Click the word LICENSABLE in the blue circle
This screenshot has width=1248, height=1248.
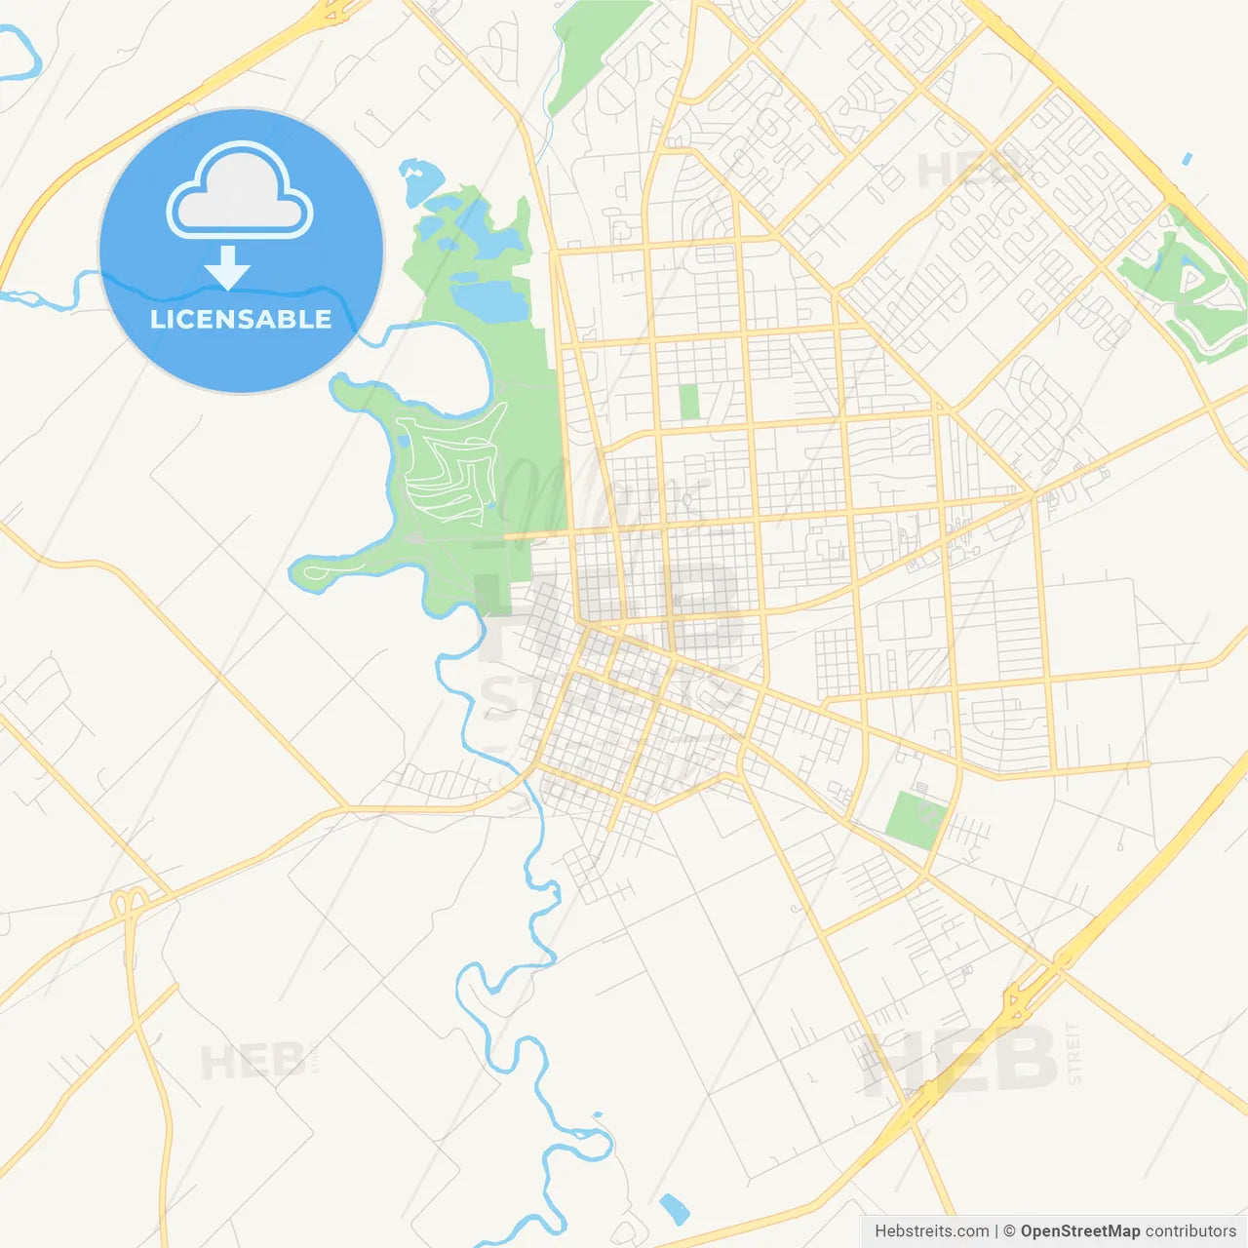point(241,319)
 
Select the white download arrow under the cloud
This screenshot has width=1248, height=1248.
point(227,267)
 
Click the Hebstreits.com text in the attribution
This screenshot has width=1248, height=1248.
point(931,1231)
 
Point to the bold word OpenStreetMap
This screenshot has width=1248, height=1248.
point(1079,1231)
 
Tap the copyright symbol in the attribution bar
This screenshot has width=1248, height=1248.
point(1009,1231)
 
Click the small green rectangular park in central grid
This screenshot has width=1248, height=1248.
point(689,403)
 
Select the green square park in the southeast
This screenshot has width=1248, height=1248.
point(916,819)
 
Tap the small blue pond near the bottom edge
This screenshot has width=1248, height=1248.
point(674,1209)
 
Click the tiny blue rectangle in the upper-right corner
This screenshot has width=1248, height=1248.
point(1187,158)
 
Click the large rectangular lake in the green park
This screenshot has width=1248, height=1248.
point(487,300)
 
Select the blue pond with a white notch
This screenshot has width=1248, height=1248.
point(419,181)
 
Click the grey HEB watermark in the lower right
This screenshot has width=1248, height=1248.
point(960,1061)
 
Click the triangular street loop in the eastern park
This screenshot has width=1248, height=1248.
point(1191,283)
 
